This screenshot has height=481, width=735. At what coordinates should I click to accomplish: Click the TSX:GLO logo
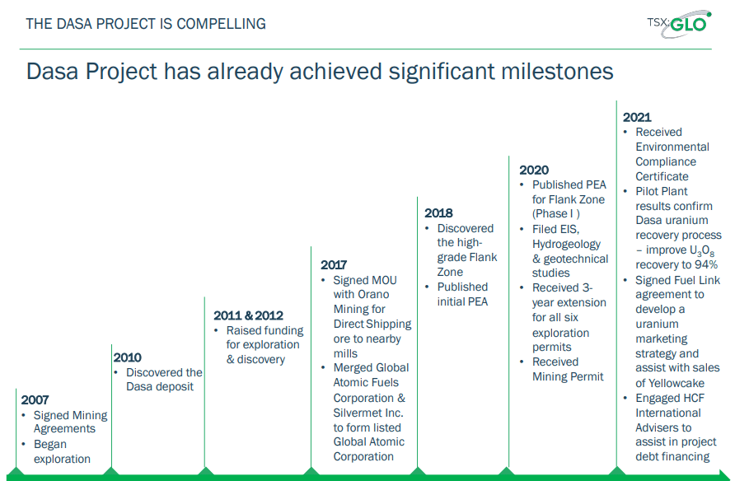tap(680, 23)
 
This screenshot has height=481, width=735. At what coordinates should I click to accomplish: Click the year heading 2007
tap(35, 400)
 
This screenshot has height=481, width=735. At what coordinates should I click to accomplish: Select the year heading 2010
tap(127, 357)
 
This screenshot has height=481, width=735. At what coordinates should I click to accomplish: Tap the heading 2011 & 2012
tap(249, 315)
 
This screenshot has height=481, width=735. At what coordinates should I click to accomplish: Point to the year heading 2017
tap(334, 265)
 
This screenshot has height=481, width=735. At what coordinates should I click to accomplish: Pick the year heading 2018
tap(438, 213)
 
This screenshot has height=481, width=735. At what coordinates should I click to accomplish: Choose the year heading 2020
tap(534, 170)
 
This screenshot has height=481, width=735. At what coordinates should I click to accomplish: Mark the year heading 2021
tap(637, 117)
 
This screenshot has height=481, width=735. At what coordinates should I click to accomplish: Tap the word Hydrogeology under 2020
tap(566, 245)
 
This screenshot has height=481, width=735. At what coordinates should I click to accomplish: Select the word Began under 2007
tap(50, 445)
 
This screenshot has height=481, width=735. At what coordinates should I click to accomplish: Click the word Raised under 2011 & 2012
tap(244, 330)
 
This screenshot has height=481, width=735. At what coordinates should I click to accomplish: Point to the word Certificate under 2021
tap(662, 176)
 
